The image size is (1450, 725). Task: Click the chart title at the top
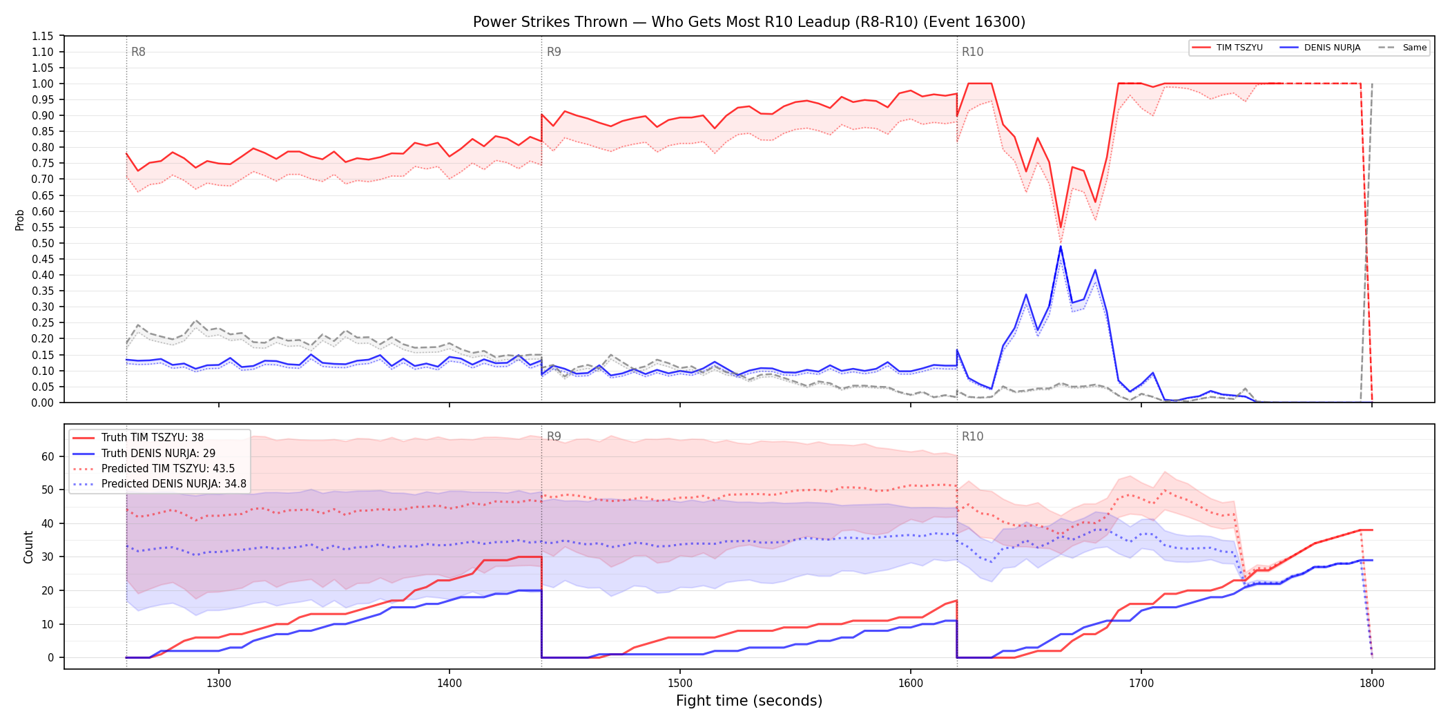749,21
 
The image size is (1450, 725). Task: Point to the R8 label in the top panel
138,52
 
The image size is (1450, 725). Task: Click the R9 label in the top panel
554,52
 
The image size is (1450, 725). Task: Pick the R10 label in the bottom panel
972,436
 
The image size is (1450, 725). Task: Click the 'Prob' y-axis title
20,220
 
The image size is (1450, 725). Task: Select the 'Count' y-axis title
28,547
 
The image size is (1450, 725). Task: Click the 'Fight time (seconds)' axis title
749,701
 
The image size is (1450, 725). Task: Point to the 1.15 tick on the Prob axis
43,36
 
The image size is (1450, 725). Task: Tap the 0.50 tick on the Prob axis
43,243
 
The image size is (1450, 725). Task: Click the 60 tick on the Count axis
48,456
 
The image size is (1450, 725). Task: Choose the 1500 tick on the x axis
680,684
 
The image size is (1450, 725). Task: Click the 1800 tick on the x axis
1372,684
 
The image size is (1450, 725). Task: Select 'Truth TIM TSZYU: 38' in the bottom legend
153,438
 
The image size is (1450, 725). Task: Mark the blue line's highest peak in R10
1061,246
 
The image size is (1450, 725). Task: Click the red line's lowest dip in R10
1061,227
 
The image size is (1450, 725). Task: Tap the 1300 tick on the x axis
219,684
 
